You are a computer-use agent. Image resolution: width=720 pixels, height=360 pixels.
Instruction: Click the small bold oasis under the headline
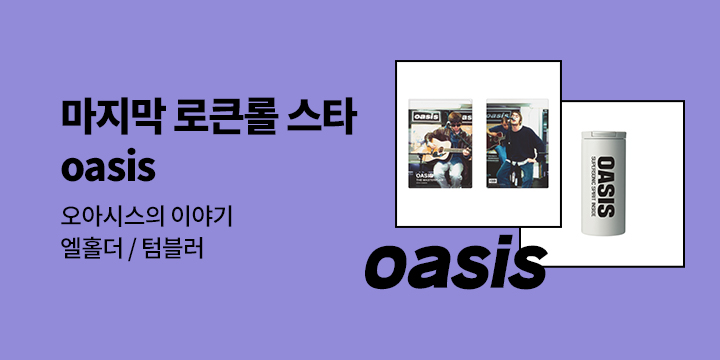point(108,168)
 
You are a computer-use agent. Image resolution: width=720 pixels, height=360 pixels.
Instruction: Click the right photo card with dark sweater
point(516,144)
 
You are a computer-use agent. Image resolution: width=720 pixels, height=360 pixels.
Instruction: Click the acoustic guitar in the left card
point(440,153)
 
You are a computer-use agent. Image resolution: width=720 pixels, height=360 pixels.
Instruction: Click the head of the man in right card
point(522,121)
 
